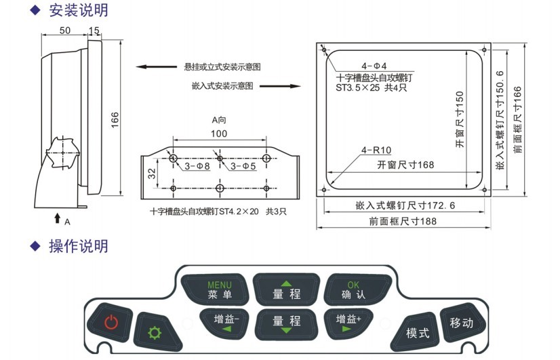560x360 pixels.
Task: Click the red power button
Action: point(110,322)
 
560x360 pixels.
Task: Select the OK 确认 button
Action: point(353,289)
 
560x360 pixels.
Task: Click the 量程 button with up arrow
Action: point(286,289)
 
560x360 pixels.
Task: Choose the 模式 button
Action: point(418,332)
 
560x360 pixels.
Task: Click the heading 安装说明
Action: point(78,10)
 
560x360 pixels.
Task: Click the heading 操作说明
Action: point(78,245)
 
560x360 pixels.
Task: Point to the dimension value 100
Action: point(219,134)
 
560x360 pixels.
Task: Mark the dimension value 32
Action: point(153,173)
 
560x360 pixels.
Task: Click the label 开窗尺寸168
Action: point(405,165)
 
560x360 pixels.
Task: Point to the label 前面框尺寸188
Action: point(403,221)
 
